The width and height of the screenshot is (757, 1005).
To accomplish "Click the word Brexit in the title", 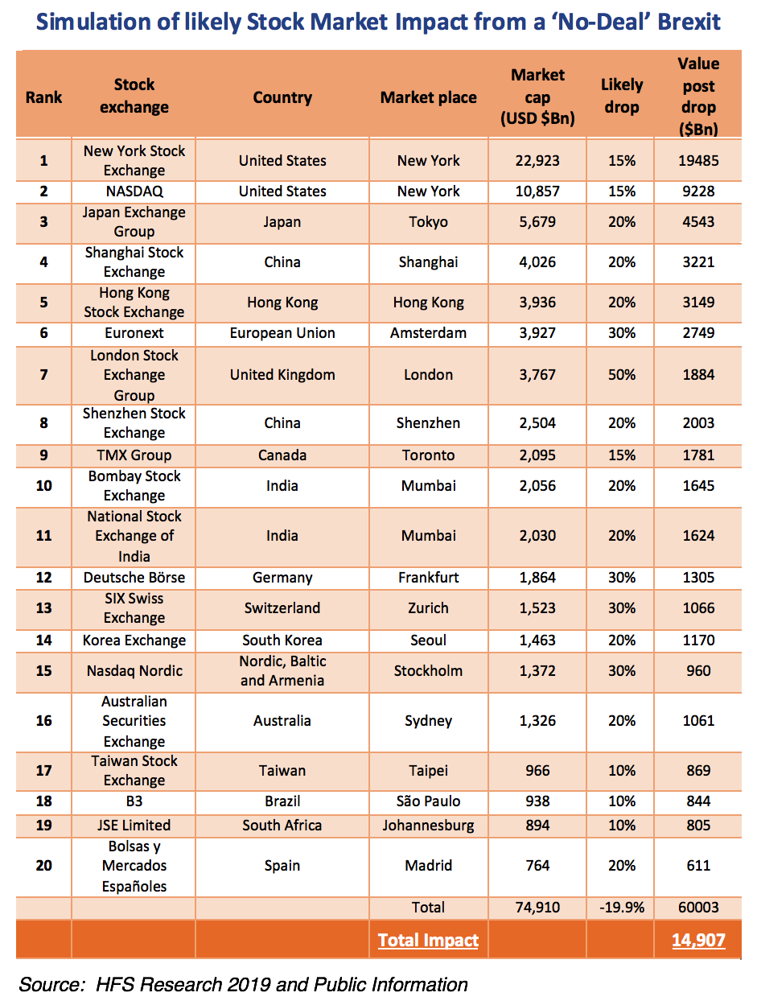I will pos(687,22).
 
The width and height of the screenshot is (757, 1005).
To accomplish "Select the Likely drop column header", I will pos(622,96).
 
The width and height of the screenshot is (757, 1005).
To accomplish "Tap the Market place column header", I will pos(428,97).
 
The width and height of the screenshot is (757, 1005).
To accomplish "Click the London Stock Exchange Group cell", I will pos(134,375).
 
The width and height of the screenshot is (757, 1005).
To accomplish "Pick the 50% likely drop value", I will pos(622,375).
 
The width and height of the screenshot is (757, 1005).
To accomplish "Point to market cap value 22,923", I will pos(537,161).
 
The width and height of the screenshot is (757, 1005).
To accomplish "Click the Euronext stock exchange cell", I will pos(134,333).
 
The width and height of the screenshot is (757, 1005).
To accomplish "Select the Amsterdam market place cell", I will pos(428,333).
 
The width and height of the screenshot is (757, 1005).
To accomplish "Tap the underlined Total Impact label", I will pos(428,940).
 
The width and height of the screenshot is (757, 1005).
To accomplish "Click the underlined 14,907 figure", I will pos(697,940).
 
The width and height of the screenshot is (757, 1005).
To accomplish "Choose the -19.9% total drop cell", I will pos(622,908).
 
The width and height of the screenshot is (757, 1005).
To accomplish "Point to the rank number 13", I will pos(43,608).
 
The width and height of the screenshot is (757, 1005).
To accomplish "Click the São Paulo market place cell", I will pos(428,801).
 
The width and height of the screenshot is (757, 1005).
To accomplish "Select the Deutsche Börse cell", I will pos(134,578).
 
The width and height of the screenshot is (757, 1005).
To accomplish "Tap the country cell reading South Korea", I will pos(282,640).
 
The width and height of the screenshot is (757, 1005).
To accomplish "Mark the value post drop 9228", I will pos(697,192).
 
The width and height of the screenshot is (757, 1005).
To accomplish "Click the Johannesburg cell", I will pos(428,826).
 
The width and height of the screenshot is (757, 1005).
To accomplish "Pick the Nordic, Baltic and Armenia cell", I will pos(282,671).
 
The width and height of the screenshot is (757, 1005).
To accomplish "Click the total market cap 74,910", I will pos(537,908).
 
